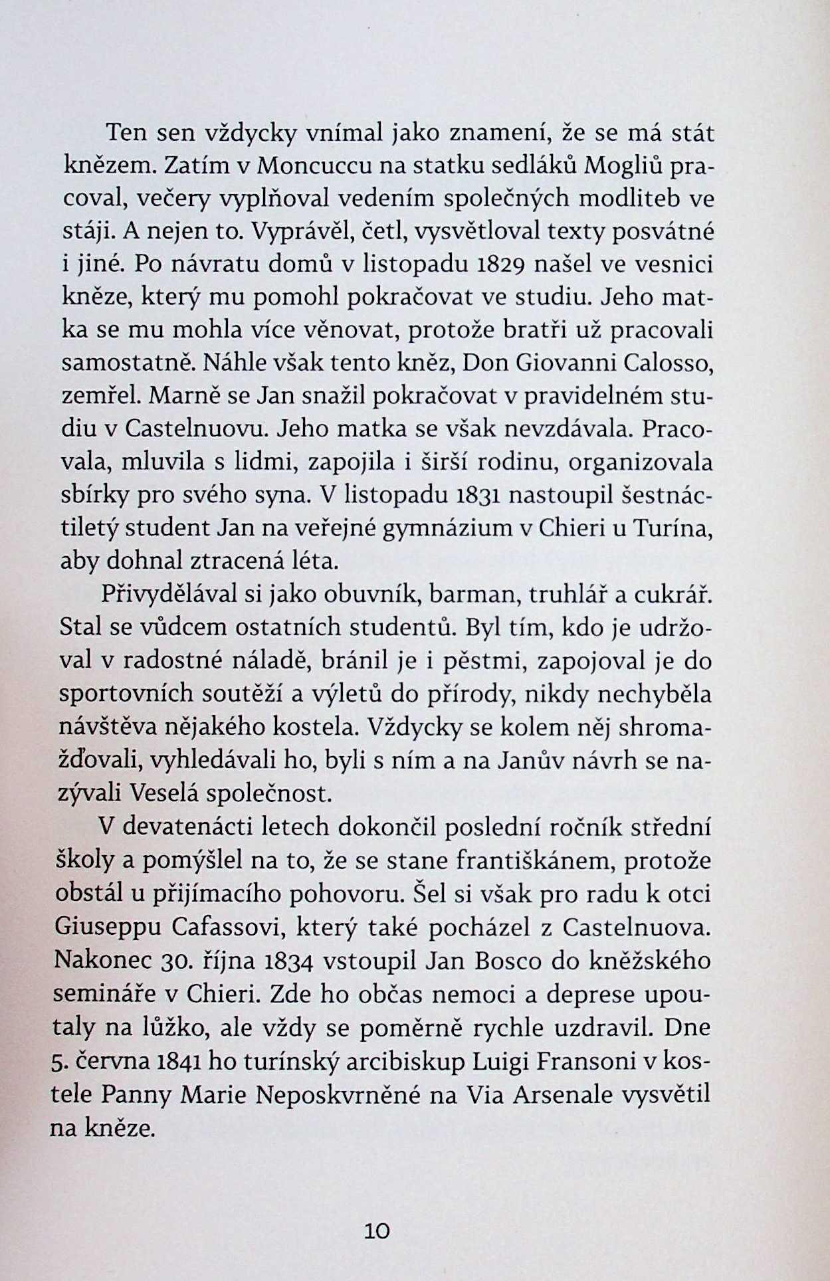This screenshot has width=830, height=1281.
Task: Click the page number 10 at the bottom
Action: (x=377, y=1231)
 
